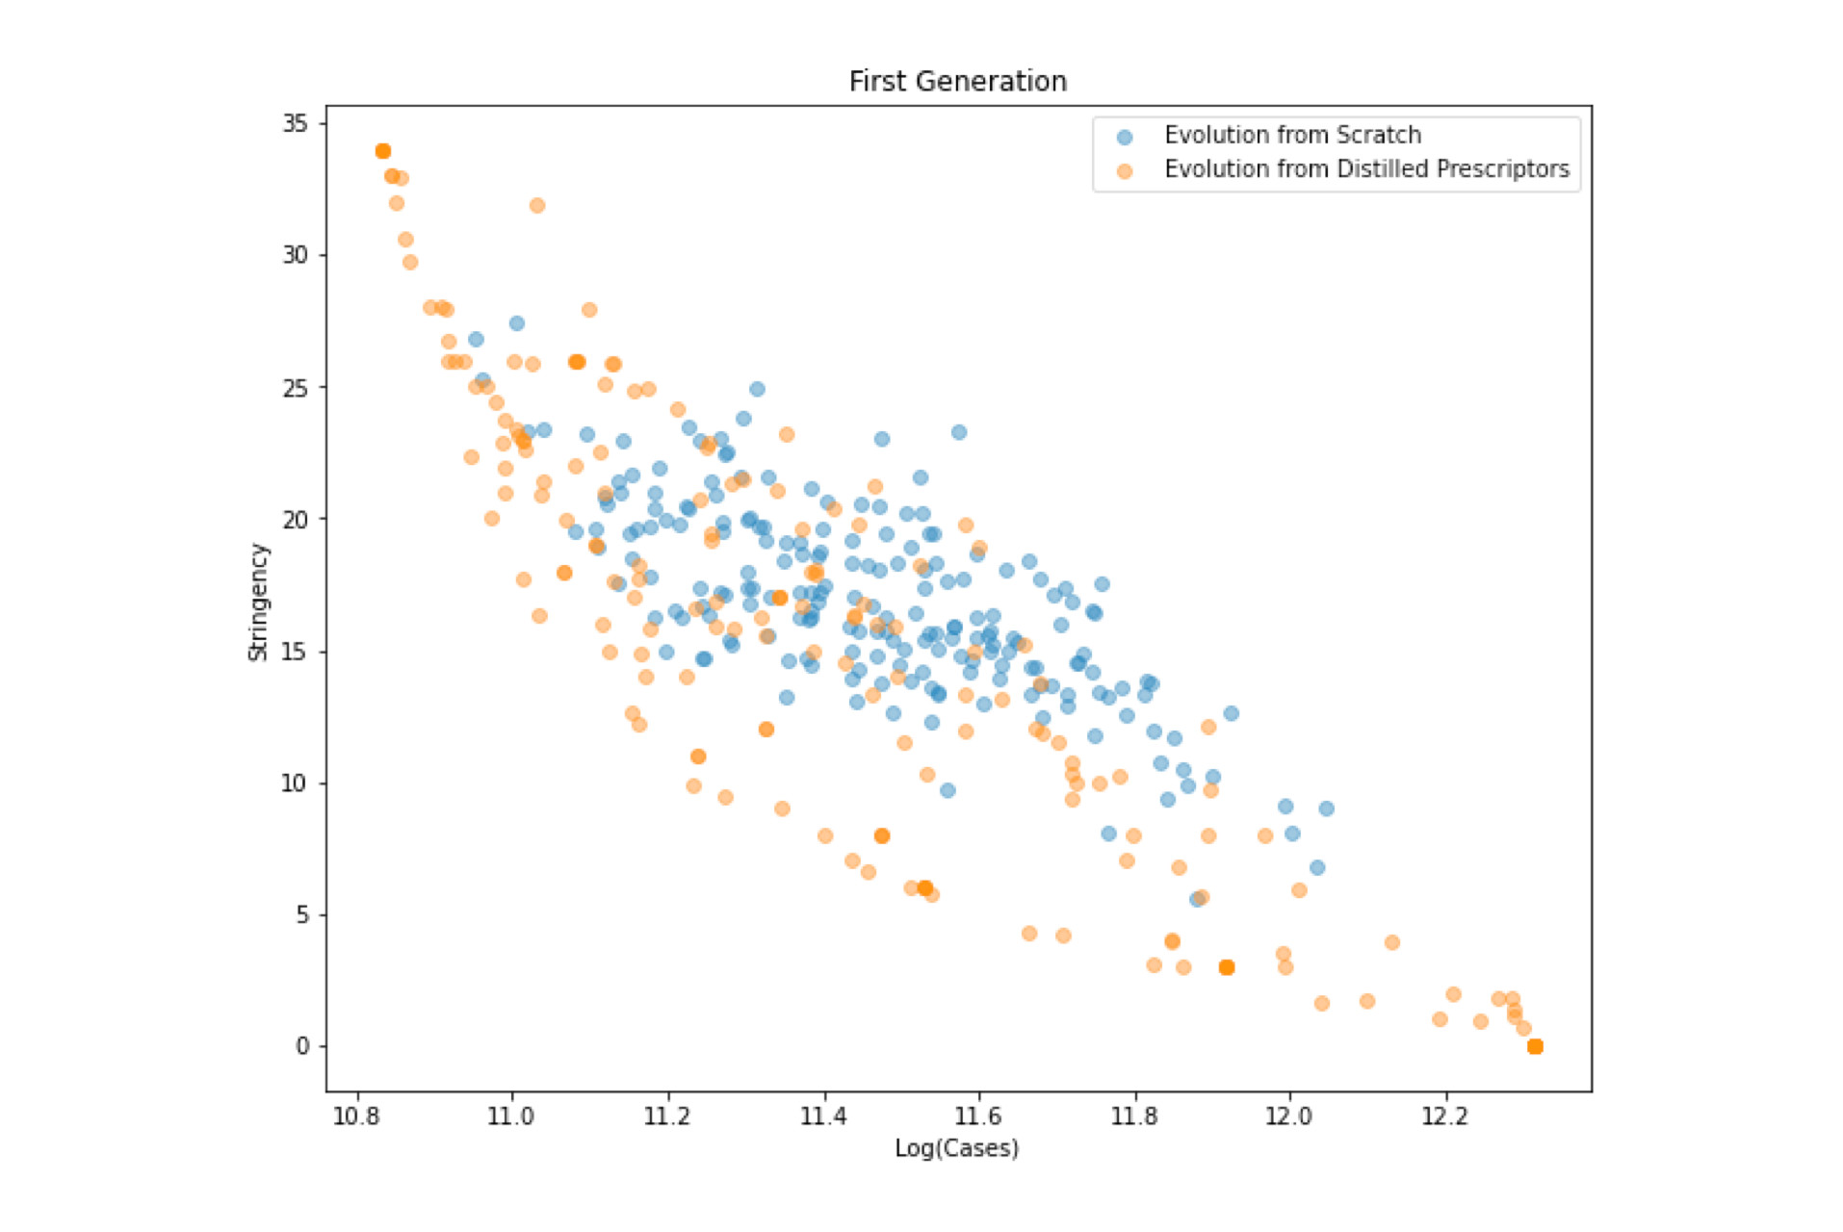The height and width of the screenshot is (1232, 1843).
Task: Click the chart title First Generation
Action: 957,82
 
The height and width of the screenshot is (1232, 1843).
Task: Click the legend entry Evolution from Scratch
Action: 1292,136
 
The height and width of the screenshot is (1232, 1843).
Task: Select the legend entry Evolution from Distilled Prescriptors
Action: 1366,169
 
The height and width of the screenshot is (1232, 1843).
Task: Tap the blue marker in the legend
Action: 1124,138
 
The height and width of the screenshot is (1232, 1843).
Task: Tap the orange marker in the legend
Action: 1124,171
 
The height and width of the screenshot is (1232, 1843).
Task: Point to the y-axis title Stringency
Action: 258,603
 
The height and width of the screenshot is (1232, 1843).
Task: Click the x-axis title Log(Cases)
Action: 956,1147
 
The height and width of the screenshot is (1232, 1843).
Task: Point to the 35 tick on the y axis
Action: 295,123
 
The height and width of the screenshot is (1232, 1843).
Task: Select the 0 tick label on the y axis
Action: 302,1046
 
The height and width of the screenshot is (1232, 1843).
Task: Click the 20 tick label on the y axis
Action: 295,519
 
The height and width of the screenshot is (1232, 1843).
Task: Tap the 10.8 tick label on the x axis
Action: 357,1116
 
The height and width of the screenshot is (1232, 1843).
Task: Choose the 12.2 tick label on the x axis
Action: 1444,1116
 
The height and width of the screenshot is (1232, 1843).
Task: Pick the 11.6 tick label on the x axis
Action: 978,1116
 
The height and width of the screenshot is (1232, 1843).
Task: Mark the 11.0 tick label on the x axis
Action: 511,1116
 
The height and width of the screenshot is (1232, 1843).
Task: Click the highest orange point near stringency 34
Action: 382,151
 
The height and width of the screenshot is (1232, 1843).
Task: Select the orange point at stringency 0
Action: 1535,1046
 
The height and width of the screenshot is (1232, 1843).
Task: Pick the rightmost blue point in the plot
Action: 1326,808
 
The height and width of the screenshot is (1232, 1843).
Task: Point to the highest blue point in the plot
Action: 517,323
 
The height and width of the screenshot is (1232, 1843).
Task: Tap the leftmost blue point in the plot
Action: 476,340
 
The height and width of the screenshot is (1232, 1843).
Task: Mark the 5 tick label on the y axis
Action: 302,914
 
